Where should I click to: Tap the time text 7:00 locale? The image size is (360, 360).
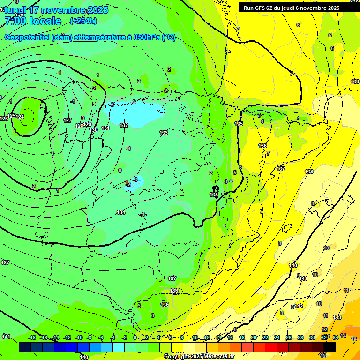(x=33, y=21)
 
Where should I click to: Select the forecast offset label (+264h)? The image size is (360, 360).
(x=83, y=21)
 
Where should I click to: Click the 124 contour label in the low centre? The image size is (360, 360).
(x=20, y=117)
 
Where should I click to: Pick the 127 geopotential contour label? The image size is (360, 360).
(x=67, y=120)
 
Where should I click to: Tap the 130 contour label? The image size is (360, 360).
(x=94, y=130)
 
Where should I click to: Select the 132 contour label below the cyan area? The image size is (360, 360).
(x=124, y=125)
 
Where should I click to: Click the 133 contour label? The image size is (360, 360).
(x=164, y=133)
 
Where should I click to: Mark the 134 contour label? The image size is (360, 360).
(x=121, y=212)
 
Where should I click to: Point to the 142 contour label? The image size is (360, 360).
(x=299, y=306)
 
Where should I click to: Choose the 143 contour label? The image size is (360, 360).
(x=337, y=317)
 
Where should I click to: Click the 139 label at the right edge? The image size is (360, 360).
(x=355, y=82)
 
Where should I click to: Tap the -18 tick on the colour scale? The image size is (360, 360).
(x=32, y=337)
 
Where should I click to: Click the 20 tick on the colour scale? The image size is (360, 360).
(x=253, y=337)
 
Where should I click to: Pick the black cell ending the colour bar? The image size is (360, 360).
(x=330, y=347)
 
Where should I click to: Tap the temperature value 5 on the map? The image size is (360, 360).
(x=235, y=172)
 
